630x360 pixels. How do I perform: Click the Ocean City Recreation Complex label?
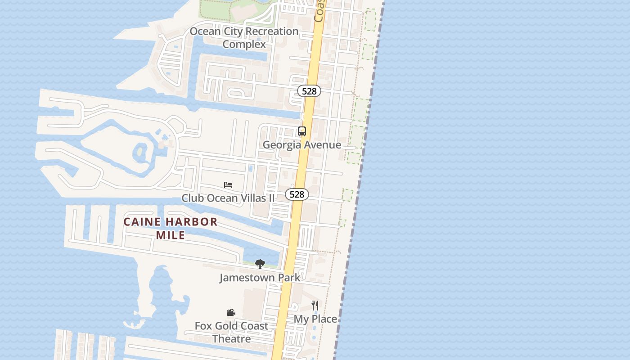pyautogui.click(x=244, y=38)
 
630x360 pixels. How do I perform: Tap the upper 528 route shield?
pyautogui.click(x=309, y=91)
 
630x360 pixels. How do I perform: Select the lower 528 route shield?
pyautogui.click(x=297, y=194)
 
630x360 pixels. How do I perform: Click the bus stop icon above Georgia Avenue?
pyautogui.click(x=302, y=131)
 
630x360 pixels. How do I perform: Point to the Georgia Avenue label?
pyautogui.click(x=302, y=145)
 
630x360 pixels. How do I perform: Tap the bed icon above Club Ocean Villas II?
pyautogui.click(x=228, y=185)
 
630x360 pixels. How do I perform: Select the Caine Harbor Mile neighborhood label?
pyautogui.click(x=171, y=228)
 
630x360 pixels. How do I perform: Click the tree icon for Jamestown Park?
pyautogui.click(x=260, y=264)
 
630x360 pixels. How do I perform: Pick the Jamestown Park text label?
pyautogui.click(x=260, y=278)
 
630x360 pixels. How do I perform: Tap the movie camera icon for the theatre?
pyautogui.click(x=231, y=312)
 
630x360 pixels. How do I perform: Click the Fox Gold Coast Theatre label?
pyautogui.click(x=231, y=332)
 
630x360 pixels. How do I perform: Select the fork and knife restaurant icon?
pyautogui.click(x=315, y=306)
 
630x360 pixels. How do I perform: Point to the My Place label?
pyautogui.click(x=315, y=319)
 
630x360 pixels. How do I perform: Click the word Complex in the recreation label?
pyautogui.click(x=244, y=45)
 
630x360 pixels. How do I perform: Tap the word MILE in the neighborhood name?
pyautogui.click(x=171, y=235)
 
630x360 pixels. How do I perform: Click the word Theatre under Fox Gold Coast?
pyautogui.click(x=231, y=339)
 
